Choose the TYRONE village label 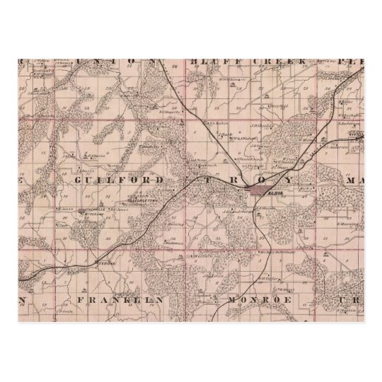tap(103, 260)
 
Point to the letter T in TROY tap(210, 180)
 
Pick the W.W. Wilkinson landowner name tap(243, 139)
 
